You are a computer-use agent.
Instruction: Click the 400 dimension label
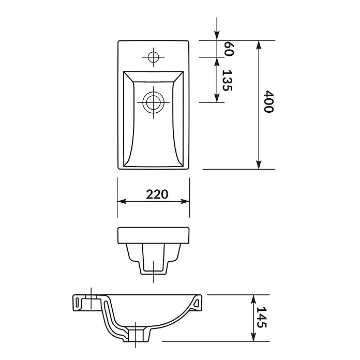[x=268, y=102]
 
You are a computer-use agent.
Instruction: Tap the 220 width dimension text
[x=157, y=194]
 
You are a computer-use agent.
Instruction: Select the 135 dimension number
[x=227, y=80]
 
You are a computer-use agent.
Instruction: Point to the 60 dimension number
[x=229, y=49]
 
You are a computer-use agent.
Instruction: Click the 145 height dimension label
[x=262, y=317]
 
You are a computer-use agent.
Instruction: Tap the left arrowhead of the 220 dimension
[x=122, y=201]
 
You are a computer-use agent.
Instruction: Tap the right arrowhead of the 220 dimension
[x=185, y=201]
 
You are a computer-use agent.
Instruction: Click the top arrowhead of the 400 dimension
[x=259, y=45]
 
